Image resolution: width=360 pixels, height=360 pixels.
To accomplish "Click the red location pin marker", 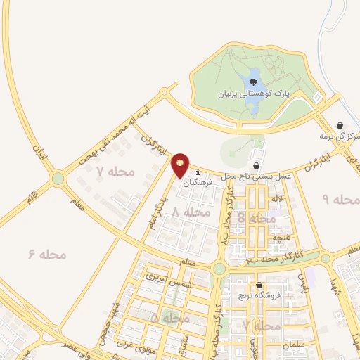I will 181,165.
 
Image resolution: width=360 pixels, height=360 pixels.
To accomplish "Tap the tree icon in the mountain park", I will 253,82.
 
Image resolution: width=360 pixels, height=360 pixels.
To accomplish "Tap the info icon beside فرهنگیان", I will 198,172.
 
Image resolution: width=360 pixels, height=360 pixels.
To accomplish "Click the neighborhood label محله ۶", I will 48,254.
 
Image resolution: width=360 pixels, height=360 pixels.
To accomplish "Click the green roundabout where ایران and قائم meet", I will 58,179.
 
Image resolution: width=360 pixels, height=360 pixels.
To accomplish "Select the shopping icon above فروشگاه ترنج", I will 259,285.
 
